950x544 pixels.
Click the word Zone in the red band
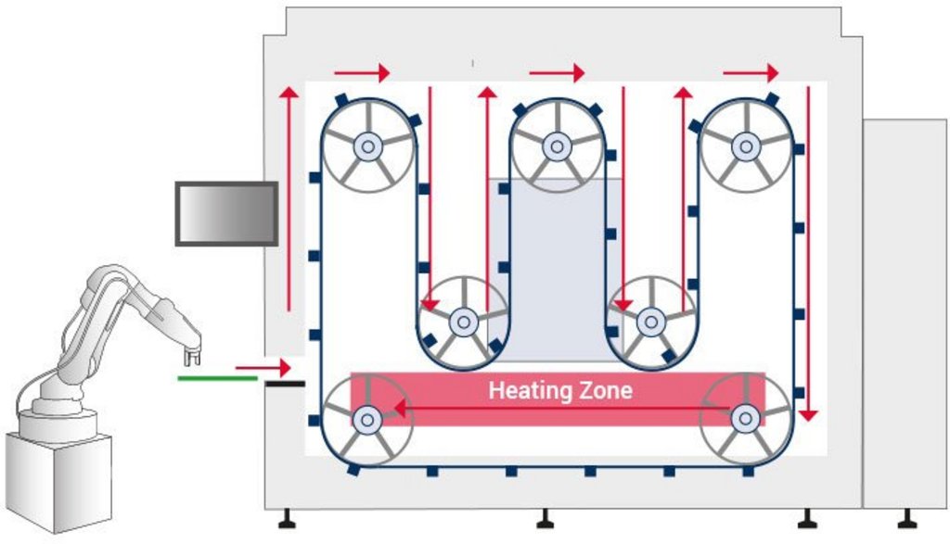[x=603, y=390]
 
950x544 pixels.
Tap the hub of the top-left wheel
[x=368, y=145]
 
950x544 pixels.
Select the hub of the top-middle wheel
[x=557, y=145]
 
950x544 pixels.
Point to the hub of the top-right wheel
[x=744, y=145]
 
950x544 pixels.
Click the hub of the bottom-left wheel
[x=367, y=419]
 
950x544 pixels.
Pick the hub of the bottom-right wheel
[x=743, y=419]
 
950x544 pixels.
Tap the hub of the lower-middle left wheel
[x=462, y=323]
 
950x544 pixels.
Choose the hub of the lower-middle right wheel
[x=649, y=323]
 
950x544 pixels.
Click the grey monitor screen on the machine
[x=226, y=213]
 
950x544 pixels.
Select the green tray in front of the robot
[x=216, y=378]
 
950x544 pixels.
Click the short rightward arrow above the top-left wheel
[x=362, y=71]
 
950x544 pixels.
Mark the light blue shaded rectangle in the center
[x=557, y=269]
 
